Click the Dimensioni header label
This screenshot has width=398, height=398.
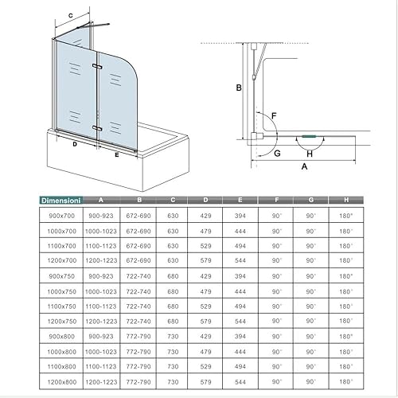(x=60, y=201)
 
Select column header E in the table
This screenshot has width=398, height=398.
(x=240, y=200)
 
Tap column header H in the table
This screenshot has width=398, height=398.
(x=346, y=200)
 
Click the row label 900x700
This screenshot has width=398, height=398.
(x=61, y=216)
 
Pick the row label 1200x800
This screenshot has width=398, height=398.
(x=61, y=382)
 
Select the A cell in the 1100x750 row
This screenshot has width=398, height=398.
(x=101, y=306)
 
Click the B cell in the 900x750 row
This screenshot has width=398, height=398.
(x=139, y=276)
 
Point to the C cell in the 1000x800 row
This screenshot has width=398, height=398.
(x=173, y=352)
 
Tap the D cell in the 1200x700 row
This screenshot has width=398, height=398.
(x=205, y=260)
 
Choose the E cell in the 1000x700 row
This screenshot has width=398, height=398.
(x=240, y=231)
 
